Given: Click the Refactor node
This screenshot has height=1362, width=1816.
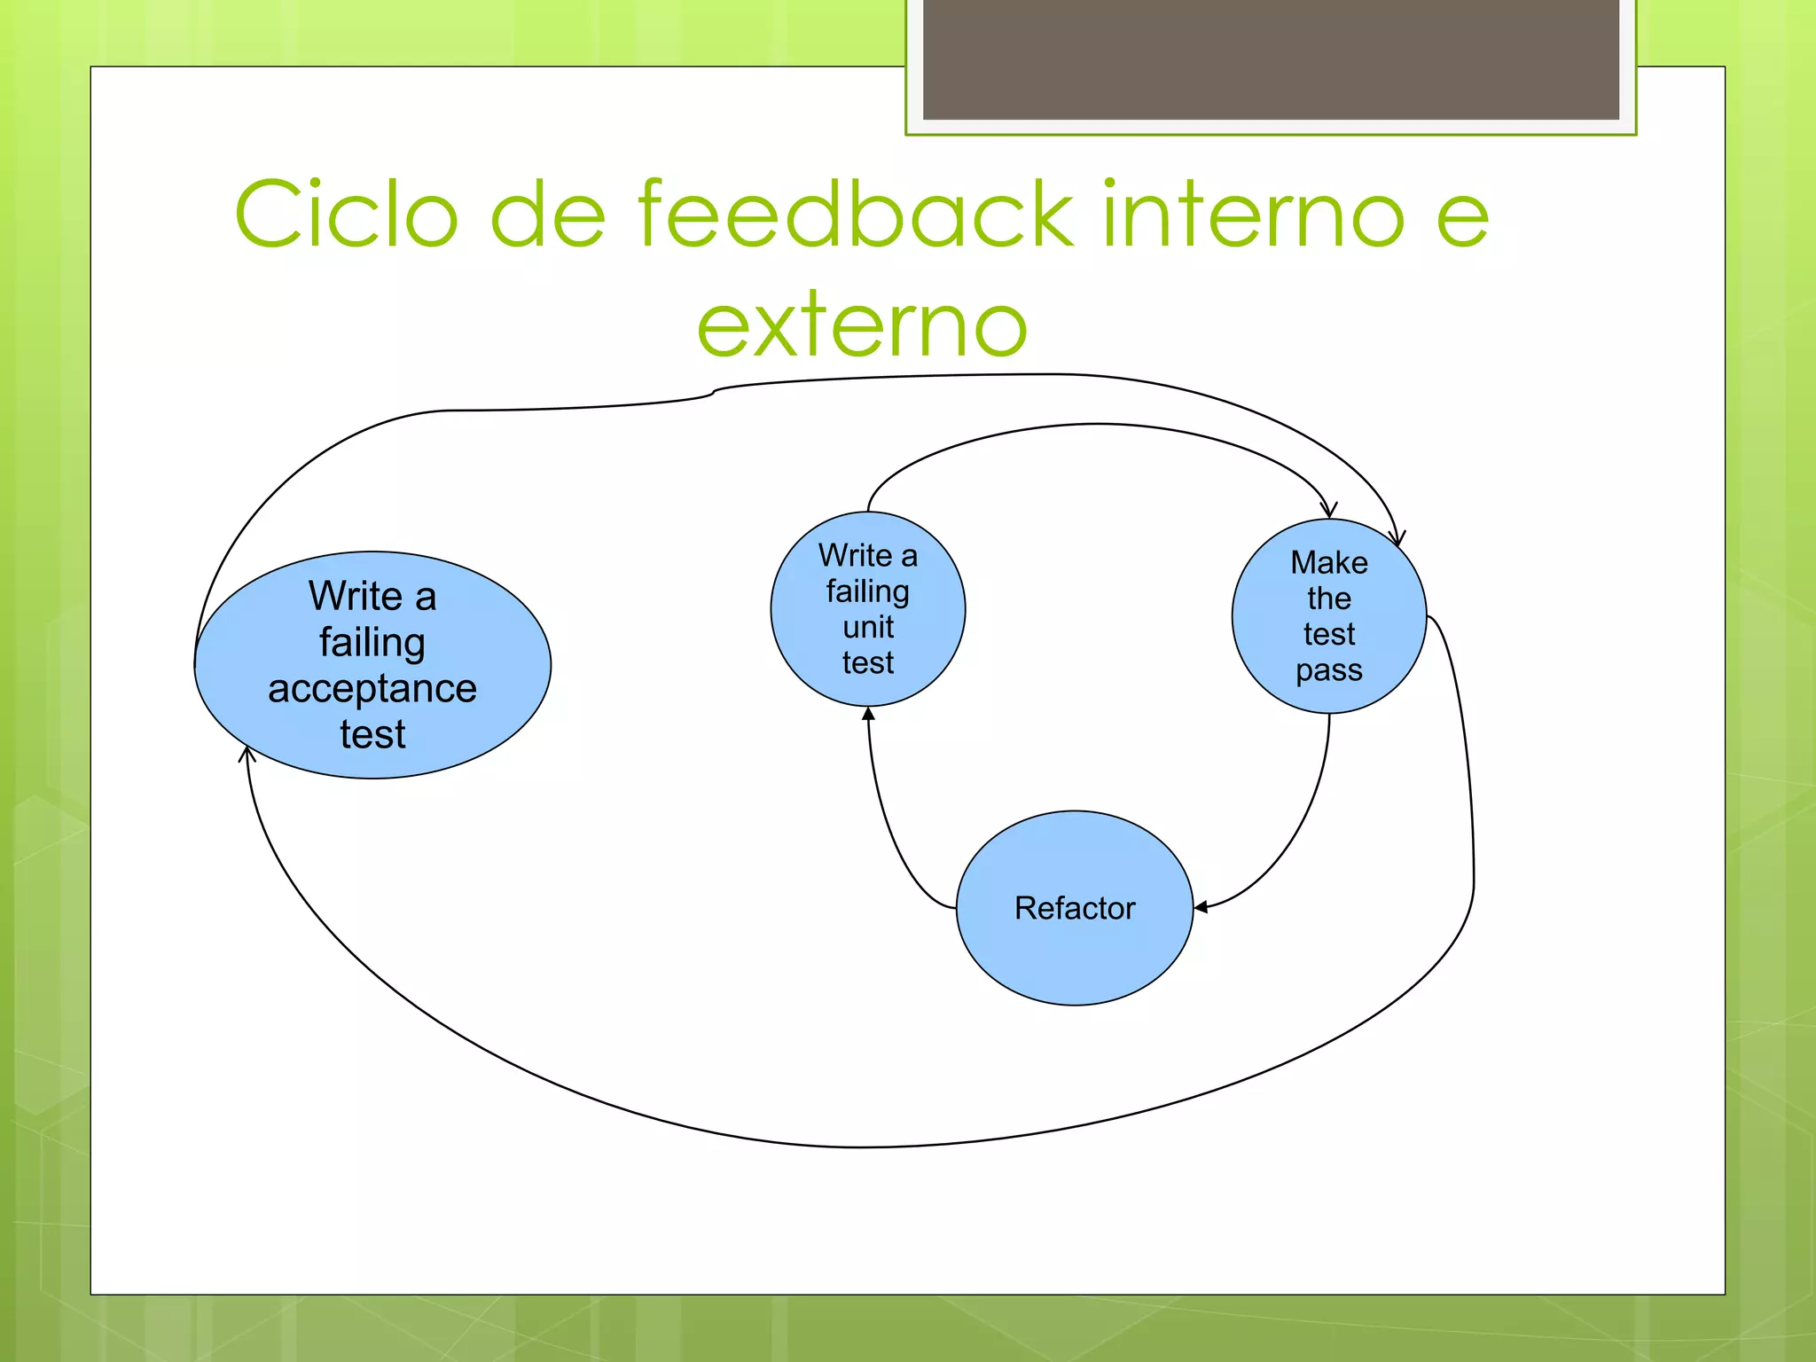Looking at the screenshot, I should [x=1074, y=908].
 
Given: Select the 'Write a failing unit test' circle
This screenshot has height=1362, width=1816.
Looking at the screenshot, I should [x=867, y=609].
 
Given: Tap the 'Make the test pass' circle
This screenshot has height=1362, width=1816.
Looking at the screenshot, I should [x=1328, y=616].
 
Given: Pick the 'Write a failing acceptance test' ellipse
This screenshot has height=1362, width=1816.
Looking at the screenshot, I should [x=372, y=665].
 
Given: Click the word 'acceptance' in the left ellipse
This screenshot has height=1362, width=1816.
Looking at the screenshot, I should [x=372, y=689].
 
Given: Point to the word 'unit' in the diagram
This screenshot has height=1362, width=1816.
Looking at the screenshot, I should [x=868, y=627].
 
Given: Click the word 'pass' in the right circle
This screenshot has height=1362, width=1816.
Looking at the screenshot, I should [x=1328, y=670].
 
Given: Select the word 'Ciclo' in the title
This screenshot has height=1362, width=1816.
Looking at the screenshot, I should [x=347, y=215].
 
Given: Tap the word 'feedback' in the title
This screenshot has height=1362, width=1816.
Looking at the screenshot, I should [x=856, y=215].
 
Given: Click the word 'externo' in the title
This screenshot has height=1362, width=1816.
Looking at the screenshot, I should [x=862, y=326].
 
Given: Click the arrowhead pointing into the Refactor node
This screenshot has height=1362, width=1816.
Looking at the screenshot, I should [x=1201, y=907].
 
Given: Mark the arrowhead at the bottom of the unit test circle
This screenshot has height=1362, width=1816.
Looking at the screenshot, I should [x=868, y=714].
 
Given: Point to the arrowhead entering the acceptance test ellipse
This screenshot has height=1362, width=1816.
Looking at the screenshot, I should [x=247, y=755].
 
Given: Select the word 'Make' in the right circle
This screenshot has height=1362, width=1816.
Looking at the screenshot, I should [x=1328, y=562].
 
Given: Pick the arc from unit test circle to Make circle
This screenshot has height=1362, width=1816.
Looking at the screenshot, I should [x=1098, y=425].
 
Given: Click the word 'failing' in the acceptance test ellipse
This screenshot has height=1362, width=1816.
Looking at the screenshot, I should [x=372, y=642].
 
